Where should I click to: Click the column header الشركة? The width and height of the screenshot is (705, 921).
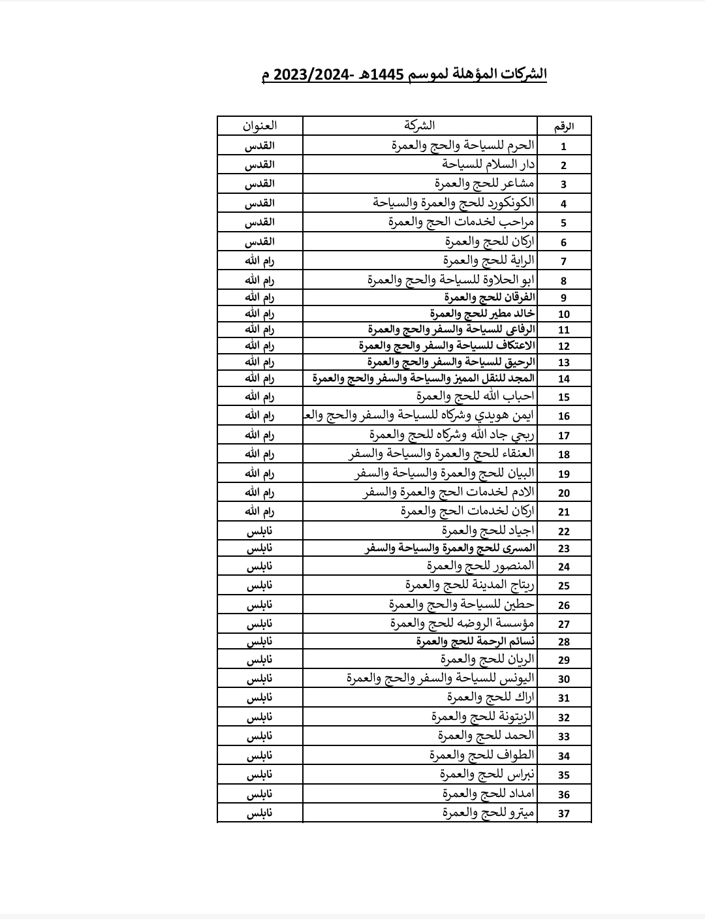point(419,125)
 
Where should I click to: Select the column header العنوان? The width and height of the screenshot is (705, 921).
point(260,125)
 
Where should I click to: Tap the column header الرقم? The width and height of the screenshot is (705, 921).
point(564,127)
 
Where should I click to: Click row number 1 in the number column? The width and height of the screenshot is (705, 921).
point(564,147)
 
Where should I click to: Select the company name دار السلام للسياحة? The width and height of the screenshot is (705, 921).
point(488,164)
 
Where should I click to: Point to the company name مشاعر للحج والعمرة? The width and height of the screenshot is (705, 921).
point(485,183)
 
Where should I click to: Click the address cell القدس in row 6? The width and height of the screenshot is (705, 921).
point(260,242)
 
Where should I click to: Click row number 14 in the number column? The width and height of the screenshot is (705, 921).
point(564,379)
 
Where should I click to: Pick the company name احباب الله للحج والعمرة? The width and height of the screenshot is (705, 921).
point(475,396)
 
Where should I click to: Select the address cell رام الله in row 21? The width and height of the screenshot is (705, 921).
point(260,512)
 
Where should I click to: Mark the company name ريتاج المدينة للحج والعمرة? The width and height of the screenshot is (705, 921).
point(469,585)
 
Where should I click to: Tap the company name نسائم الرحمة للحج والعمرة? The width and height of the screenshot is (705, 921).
point(475,642)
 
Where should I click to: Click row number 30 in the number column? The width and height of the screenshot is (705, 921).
point(564,679)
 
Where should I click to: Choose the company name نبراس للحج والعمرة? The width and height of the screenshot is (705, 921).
point(487,775)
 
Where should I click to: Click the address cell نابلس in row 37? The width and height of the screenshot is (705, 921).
point(260,813)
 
